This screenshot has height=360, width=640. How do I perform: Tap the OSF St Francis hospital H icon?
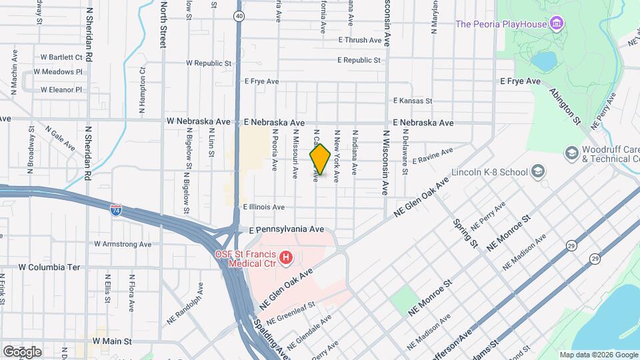coord(286,257)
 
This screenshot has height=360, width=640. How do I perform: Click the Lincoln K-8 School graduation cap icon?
coord(537,172)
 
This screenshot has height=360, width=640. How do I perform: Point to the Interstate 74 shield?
coord(116,209)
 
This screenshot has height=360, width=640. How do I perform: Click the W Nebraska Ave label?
coord(198,122)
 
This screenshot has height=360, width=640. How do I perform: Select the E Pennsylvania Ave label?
coord(286,229)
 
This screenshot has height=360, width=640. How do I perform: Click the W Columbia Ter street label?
coord(49,267)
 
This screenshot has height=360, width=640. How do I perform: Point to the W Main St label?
coord(113,341)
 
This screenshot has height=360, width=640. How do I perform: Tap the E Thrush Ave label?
coord(359,40)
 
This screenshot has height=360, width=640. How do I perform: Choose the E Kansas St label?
coord(413,101)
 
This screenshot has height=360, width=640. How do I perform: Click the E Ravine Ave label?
coord(433,160)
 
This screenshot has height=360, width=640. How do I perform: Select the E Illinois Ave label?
coord(264,207)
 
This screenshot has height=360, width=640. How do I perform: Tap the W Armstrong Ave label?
coord(123,245)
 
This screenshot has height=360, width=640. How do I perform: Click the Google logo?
coord(22,351)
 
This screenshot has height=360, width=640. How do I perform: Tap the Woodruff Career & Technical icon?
coord(571,153)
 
